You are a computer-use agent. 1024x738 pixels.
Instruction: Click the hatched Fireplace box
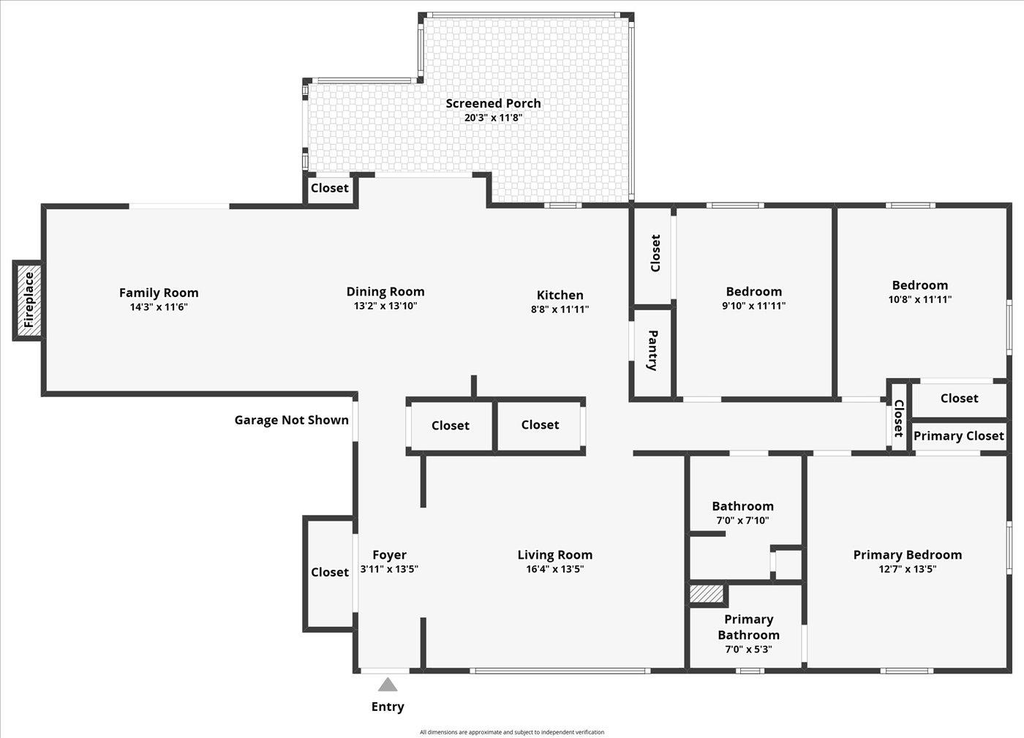[x=29, y=301]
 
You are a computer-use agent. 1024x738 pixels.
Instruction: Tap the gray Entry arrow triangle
[x=388, y=685]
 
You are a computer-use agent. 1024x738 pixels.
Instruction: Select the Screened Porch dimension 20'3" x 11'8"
[x=493, y=118]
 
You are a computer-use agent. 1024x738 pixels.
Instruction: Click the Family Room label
[x=159, y=293]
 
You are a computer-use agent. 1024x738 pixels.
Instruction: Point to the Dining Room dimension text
[x=385, y=306]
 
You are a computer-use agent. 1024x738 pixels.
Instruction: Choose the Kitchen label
[x=560, y=295]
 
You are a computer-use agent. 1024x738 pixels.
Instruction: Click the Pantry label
[x=652, y=350]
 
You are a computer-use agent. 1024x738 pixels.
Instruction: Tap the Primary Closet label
[x=959, y=436]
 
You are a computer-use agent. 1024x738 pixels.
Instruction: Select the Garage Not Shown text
[x=291, y=420]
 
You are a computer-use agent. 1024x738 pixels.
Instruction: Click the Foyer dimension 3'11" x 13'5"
[x=389, y=569]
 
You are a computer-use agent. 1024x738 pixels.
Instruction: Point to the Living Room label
[x=555, y=554]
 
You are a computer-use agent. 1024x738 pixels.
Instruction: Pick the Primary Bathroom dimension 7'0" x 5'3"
[x=748, y=649]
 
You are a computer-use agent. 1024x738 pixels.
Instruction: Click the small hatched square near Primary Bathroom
[x=707, y=594]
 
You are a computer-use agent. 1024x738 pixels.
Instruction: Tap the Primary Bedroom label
[x=908, y=554]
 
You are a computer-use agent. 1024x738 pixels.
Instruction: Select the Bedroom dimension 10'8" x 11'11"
[x=920, y=299]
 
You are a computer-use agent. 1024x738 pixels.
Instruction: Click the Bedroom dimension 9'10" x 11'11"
[x=754, y=306]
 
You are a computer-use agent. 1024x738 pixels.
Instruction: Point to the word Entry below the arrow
[x=388, y=707]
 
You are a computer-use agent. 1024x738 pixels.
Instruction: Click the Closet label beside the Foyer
[x=330, y=572]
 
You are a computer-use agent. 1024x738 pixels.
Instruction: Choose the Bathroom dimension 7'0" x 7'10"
[x=742, y=520]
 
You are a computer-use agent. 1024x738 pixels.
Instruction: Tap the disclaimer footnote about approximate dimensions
[x=512, y=732]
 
